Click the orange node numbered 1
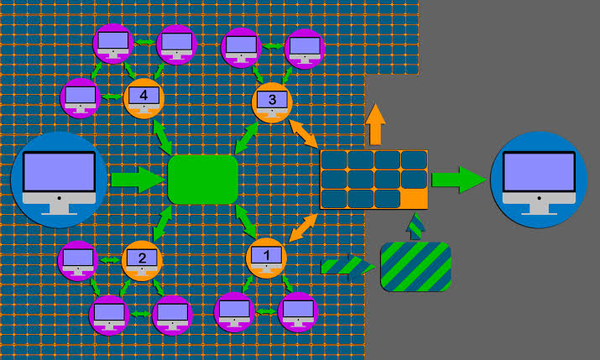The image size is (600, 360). point(266,258)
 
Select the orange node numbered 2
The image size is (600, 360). point(142,261)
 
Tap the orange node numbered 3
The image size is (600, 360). point(272,102)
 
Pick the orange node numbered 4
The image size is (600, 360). point(143,98)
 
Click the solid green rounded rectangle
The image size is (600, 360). point(203,180)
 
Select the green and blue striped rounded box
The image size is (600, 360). point(416,267)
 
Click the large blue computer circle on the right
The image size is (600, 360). point(539,180)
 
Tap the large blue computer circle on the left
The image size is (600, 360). point(59,180)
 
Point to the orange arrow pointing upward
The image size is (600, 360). point(375,124)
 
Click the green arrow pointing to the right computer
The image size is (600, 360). point(459,180)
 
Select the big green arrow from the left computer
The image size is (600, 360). point(138,180)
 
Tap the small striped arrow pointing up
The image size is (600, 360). point(415,227)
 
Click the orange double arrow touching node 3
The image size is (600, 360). point(304,134)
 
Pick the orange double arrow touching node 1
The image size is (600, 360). point(304,228)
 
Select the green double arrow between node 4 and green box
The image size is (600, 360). point(163,138)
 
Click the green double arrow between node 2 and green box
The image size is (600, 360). point(162,223)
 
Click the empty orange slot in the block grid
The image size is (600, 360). point(414,200)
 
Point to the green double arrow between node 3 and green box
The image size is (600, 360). point(247,138)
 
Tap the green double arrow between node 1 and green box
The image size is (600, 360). point(246,222)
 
